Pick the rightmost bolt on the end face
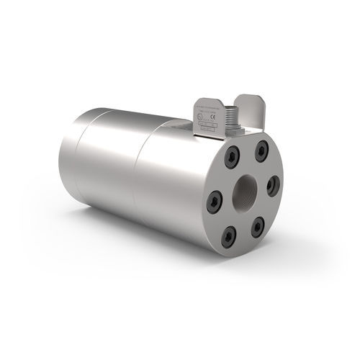271,186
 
